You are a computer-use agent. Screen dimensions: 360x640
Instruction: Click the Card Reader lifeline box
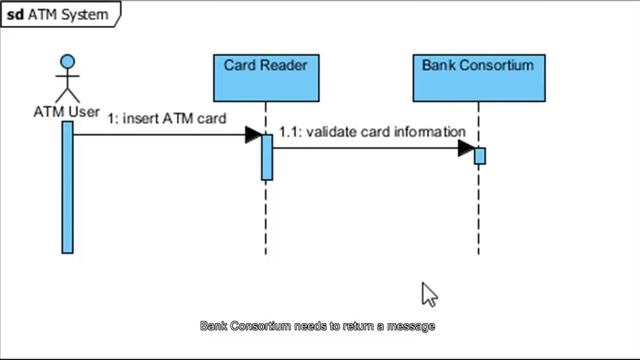265,78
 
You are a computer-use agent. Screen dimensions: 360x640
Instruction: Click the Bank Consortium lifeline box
478,78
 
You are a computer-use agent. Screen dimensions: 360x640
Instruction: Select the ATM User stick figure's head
67,61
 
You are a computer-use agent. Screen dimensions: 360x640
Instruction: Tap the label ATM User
67,112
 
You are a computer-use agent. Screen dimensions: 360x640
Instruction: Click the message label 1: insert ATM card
167,118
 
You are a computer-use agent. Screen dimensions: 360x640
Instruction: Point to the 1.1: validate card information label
372,132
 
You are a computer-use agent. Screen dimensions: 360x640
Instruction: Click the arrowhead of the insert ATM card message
253,135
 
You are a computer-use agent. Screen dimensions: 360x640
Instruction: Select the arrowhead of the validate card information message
466,149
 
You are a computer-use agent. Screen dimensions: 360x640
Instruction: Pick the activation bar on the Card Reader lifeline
267,157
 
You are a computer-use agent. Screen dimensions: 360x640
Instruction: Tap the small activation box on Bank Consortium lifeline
480,156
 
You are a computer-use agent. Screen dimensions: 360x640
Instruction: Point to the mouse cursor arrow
428,294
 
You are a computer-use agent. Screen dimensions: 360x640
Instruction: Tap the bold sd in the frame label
15,15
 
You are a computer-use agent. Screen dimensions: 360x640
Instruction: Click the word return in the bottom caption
356,326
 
